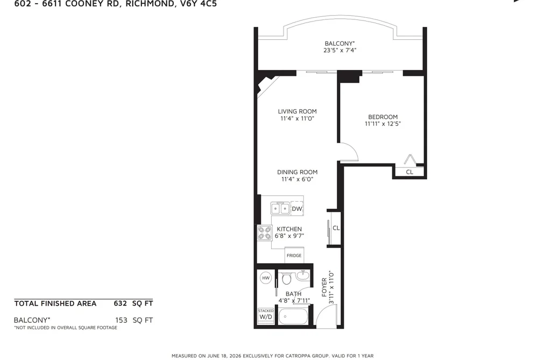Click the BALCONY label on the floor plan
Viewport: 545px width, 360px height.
click(339, 44)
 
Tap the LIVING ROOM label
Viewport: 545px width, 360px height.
click(297, 111)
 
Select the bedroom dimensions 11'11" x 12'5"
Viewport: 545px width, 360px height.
click(383, 124)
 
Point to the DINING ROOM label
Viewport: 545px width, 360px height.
click(297, 172)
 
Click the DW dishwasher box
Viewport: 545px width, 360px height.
click(297, 208)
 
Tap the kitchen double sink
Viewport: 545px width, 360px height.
click(280, 208)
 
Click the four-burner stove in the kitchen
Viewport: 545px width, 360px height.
click(265, 233)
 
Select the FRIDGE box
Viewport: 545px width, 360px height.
click(294, 255)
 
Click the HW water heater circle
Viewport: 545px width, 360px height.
click(266, 278)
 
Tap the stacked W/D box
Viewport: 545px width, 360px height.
click(266, 315)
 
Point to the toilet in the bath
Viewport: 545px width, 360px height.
click(287, 278)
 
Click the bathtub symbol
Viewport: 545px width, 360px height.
click(293, 316)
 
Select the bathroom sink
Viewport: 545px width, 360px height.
click(303, 276)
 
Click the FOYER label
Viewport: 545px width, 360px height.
click(324, 287)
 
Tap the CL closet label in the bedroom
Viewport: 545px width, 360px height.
click(409, 172)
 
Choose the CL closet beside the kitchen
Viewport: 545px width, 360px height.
click(336, 228)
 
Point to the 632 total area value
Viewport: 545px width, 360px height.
click(121, 303)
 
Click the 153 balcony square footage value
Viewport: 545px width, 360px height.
click(121, 320)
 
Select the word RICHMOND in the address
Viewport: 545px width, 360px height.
click(149, 4)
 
